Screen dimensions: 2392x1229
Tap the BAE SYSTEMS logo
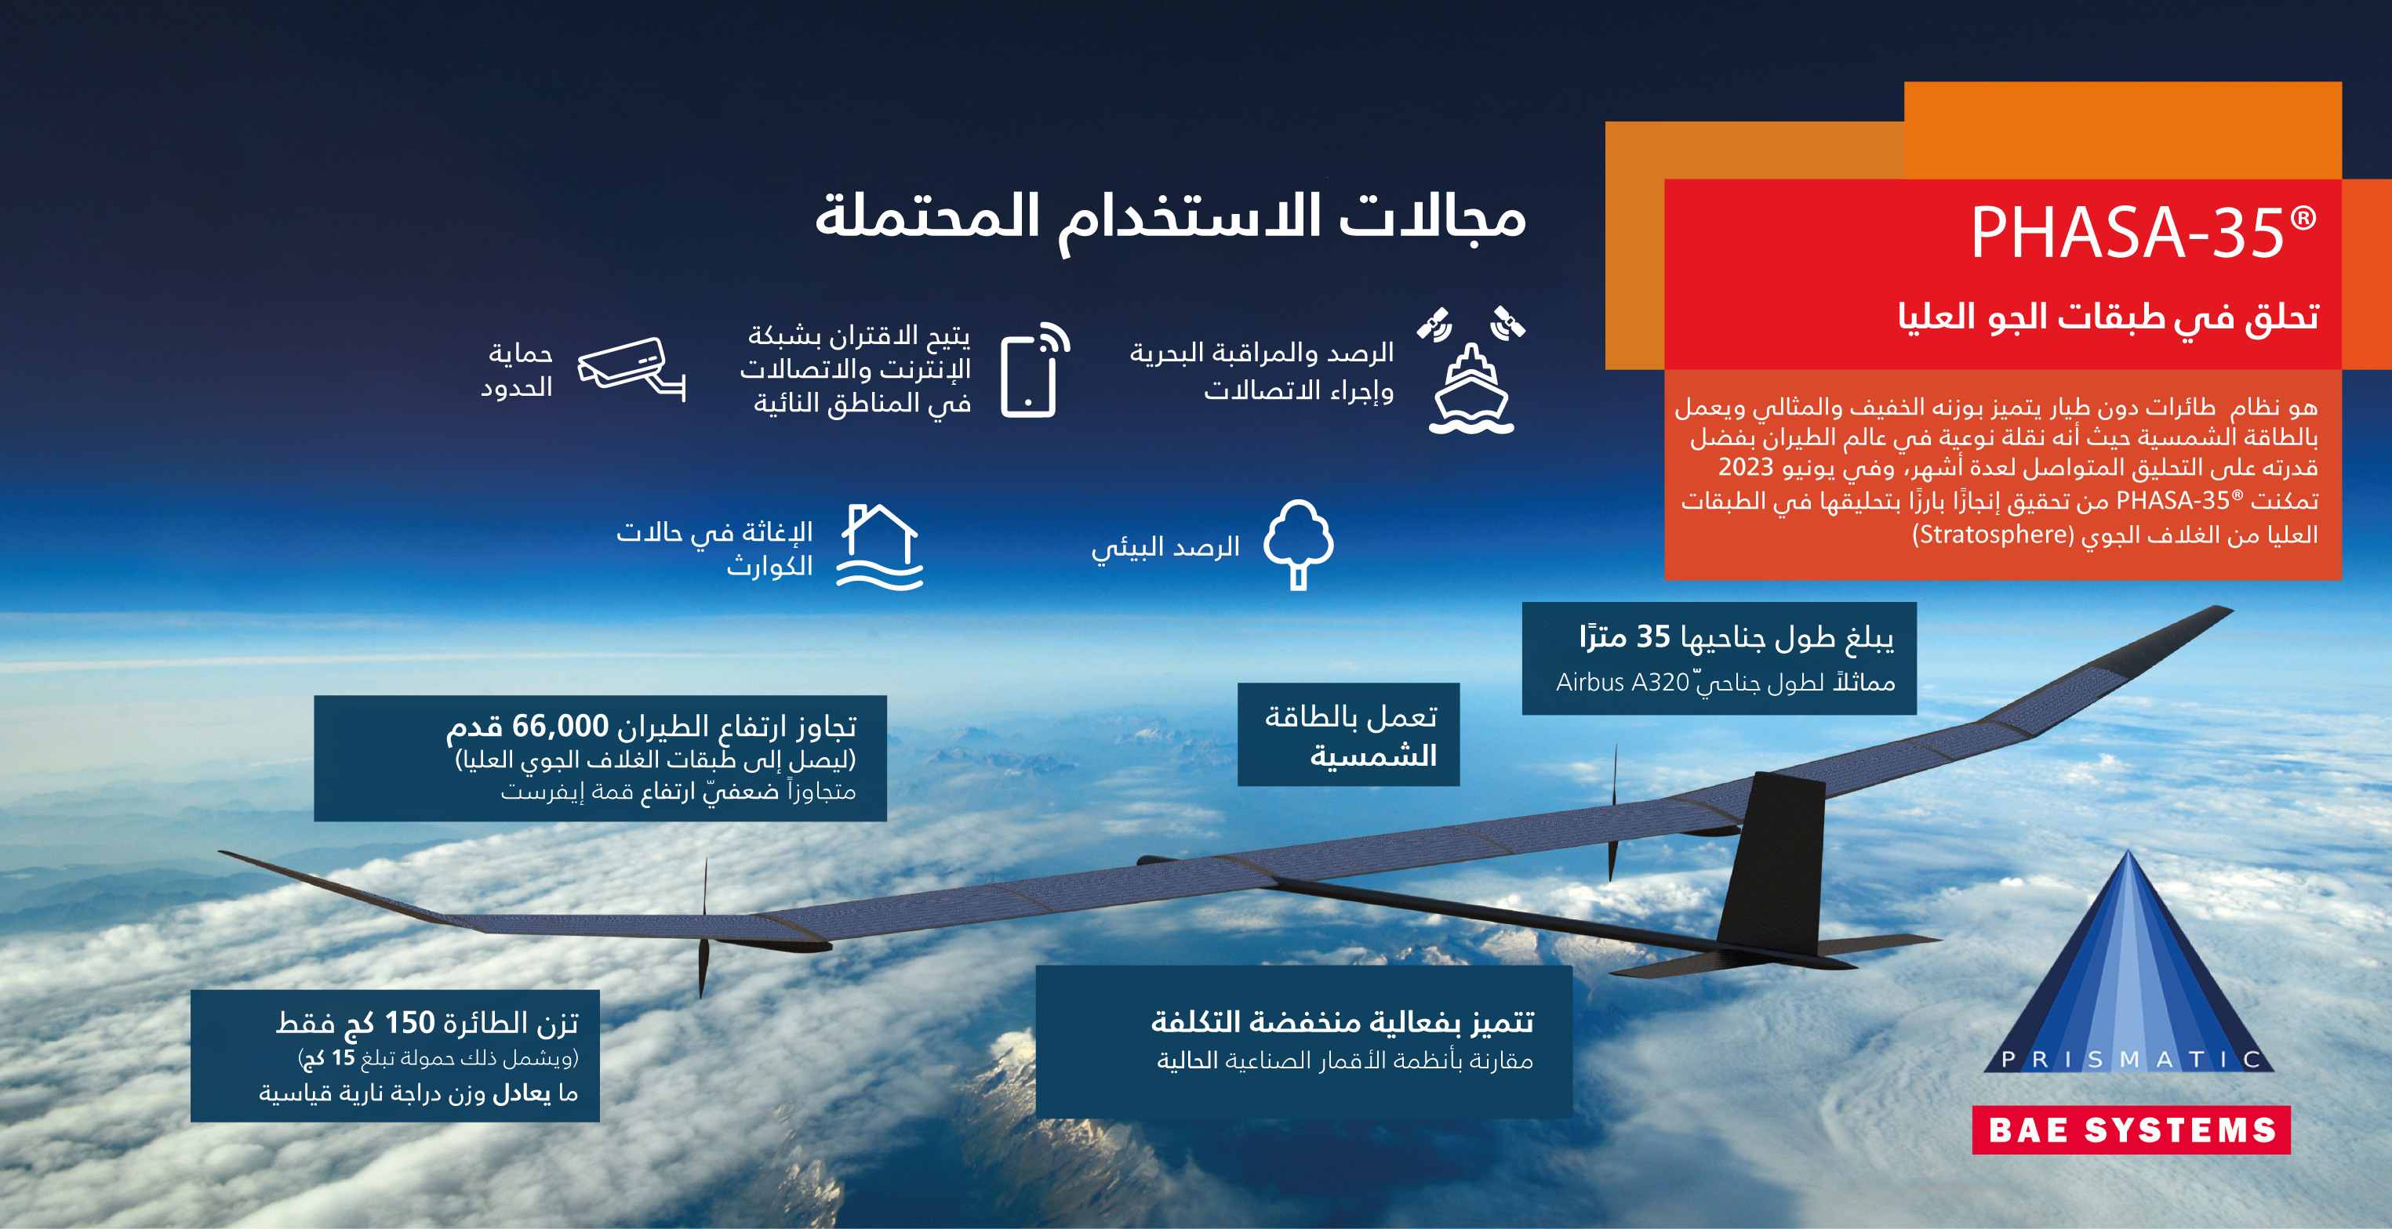tap(2131, 1129)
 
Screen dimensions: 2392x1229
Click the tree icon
tap(1298, 544)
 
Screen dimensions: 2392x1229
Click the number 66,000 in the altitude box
tap(560, 725)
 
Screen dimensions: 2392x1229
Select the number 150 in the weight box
tap(409, 1022)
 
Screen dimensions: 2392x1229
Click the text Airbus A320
tap(1622, 682)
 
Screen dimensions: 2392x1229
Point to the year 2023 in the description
tap(1746, 467)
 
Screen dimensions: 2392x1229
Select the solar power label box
tap(1348, 734)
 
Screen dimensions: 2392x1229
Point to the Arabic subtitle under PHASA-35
tap(2108, 317)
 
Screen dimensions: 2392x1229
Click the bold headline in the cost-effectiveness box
tap(1343, 1021)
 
